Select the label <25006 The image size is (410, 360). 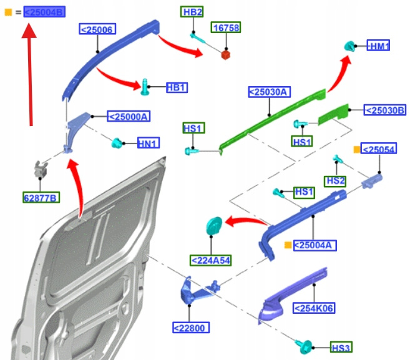(97, 29)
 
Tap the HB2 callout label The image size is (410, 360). (192, 12)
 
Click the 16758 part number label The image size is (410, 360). (225, 28)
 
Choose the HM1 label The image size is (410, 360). (379, 46)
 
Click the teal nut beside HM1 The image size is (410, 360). (351, 45)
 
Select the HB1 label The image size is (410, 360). (177, 88)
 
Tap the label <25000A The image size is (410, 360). (129, 116)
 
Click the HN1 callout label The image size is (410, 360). (148, 144)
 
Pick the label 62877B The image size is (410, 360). (41, 198)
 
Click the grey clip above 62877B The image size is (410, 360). (41, 168)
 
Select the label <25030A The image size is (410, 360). (269, 92)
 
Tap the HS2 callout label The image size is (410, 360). (335, 180)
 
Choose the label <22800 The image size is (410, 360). (190, 328)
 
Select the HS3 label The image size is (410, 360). (341, 348)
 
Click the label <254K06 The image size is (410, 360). (314, 307)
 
